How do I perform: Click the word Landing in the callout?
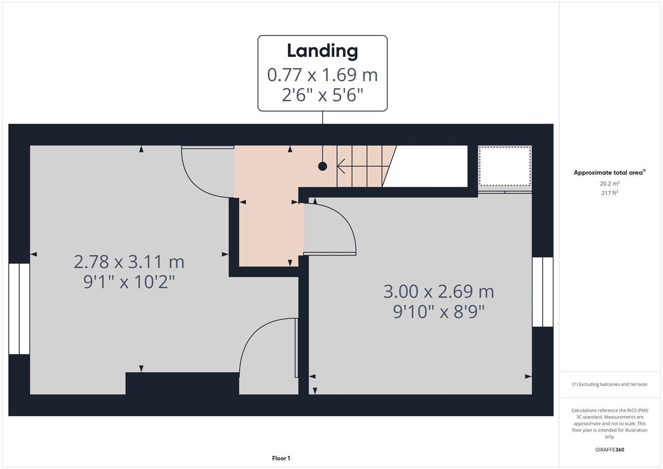coord(322,51)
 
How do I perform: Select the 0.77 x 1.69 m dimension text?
coord(322,75)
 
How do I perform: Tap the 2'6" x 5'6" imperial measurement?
coord(322,95)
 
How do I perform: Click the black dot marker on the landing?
coord(322,166)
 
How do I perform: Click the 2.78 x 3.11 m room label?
coord(129,262)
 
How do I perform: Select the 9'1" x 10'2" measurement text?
coord(129,282)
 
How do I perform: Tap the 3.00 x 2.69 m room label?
coord(439,291)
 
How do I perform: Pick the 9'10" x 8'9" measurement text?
coord(439,312)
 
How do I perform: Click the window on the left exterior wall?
coord(19,308)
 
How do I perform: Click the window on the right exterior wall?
coord(543,291)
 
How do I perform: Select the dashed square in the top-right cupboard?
coord(505,166)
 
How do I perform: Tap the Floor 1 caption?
coord(281,458)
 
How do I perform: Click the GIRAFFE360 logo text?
coord(610,449)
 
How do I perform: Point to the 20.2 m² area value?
coord(610,184)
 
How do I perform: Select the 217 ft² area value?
coord(610,193)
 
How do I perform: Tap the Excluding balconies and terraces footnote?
coord(610,384)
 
